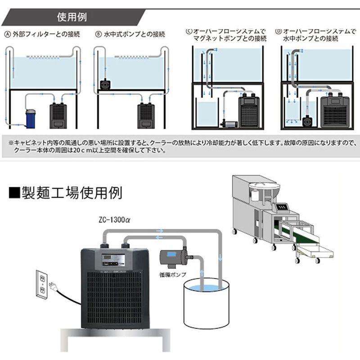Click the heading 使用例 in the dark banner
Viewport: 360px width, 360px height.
72,18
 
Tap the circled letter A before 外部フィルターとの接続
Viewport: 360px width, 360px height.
7,34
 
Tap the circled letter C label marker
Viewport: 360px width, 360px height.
189,31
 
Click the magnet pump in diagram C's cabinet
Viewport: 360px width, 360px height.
227,122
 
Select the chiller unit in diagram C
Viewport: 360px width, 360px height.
249,110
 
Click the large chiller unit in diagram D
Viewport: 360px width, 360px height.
335,110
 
